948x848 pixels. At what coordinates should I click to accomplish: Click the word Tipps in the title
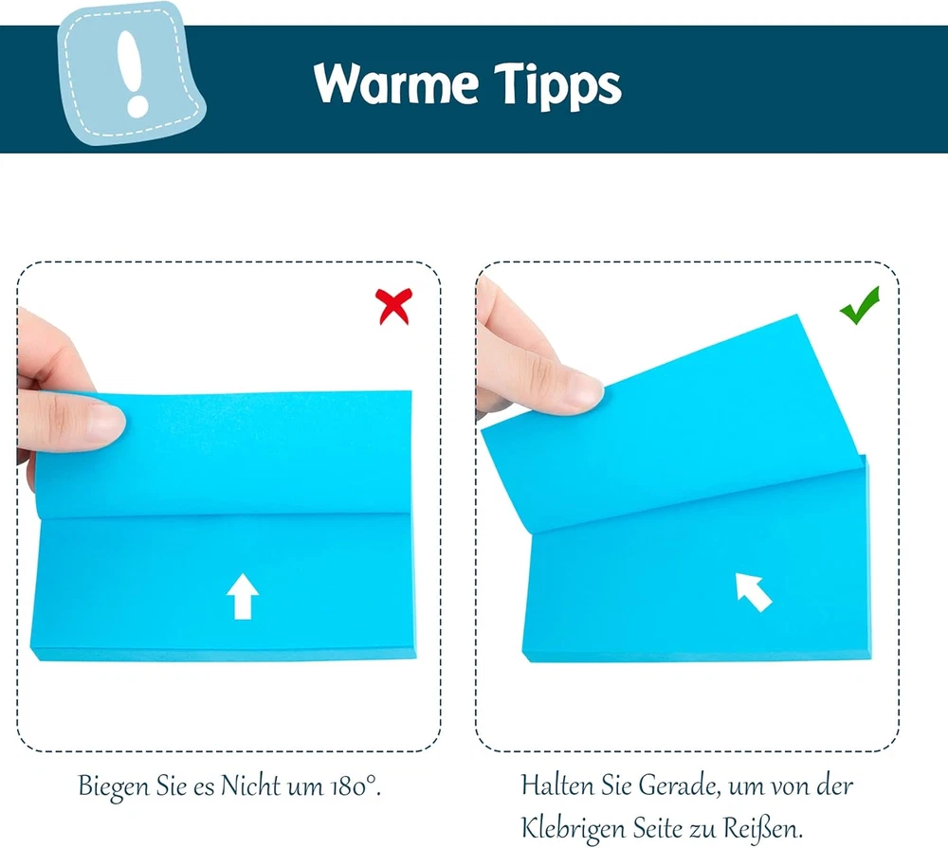point(557,87)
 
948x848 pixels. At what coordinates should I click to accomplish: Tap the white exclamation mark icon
point(132,73)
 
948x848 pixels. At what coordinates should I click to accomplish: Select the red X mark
point(393,306)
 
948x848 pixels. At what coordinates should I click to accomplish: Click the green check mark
point(859,305)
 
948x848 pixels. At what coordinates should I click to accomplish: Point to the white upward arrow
point(243,596)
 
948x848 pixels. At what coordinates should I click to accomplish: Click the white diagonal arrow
point(753,591)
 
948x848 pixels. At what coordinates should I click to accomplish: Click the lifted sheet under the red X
point(224,453)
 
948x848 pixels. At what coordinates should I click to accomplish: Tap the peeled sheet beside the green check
point(671,424)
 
